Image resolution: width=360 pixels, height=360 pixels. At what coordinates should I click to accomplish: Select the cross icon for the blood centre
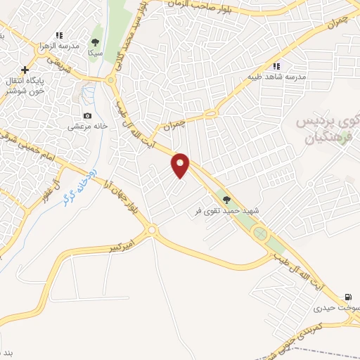[25, 70]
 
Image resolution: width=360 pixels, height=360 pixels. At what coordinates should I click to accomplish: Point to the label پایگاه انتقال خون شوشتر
[25, 86]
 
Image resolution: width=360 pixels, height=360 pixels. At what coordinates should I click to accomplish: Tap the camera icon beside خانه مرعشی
[87, 116]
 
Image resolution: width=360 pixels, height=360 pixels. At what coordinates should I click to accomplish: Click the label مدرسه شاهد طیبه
[276, 77]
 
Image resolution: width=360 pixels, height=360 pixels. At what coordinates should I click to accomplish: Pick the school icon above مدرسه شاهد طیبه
[276, 66]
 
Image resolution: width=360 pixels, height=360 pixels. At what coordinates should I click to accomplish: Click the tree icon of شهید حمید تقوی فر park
[226, 200]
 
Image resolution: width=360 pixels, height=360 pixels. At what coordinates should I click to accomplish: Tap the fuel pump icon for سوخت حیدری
[347, 297]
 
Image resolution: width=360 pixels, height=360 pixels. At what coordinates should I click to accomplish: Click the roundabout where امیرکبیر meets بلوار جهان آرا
[151, 230]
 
